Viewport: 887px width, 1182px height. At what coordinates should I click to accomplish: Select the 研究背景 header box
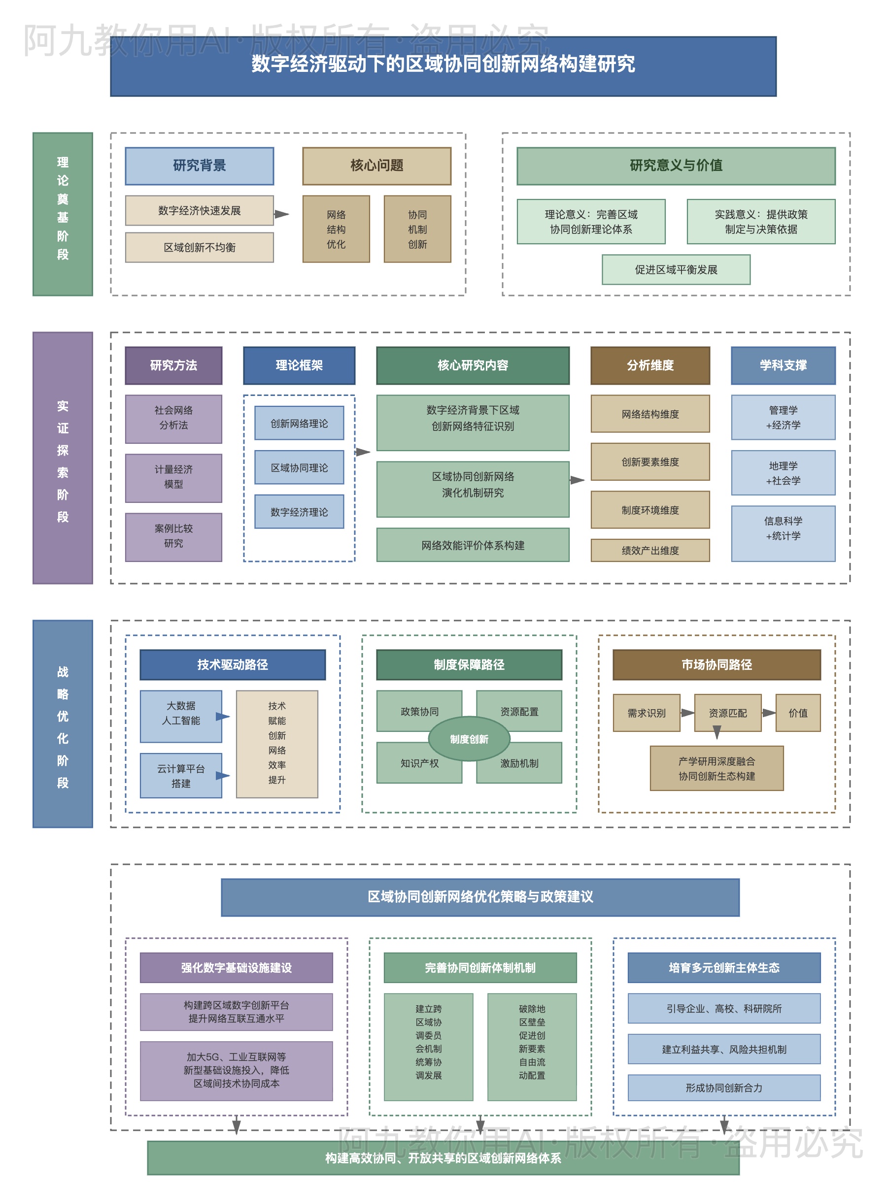tap(200, 166)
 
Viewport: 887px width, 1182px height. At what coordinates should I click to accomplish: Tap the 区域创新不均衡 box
tap(200, 247)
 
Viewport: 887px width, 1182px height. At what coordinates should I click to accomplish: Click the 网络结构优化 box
tap(336, 229)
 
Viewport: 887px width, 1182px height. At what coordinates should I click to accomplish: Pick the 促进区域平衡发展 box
tap(676, 270)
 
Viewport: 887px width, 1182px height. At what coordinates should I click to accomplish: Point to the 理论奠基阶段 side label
tap(63, 214)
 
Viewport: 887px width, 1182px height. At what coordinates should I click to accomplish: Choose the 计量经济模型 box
tap(173, 478)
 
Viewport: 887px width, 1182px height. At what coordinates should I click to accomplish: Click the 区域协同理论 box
tap(299, 467)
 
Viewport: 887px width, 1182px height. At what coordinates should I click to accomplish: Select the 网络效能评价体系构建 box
tap(473, 545)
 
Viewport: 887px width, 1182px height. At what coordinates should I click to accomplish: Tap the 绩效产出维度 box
tap(650, 551)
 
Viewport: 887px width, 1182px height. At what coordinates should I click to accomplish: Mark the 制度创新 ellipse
tap(469, 739)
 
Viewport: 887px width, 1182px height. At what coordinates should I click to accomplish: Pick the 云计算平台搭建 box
tap(181, 776)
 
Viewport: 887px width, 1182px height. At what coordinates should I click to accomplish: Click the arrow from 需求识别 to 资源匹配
tap(687, 713)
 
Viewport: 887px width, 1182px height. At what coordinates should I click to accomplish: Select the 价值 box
tap(798, 713)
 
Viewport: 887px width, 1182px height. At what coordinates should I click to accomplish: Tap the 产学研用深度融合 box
tap(716, 768)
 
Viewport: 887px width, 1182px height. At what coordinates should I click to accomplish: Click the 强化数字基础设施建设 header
tap(237, 968)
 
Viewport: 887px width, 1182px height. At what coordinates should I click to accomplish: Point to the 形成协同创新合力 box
tap(724, 1088)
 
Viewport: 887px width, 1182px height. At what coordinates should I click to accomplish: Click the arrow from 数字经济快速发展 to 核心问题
tap(281, 214)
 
